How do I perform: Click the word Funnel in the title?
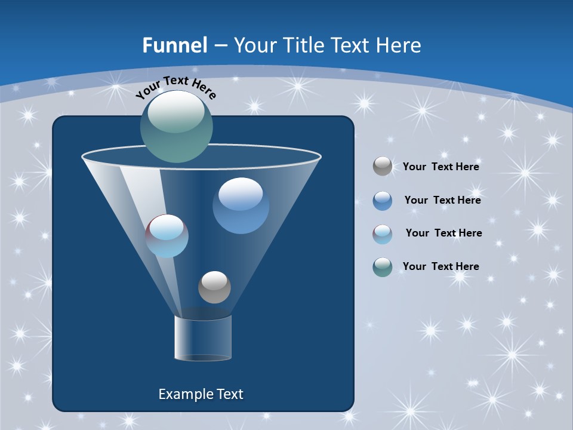[x=174, y=45]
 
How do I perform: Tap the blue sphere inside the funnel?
[x=241, y=205]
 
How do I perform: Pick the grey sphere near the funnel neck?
[x=214, y=287]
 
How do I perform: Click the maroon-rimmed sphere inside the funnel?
[x=167, y=236]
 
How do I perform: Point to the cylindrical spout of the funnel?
[x=203, y=339]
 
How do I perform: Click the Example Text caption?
[x=201, y=394]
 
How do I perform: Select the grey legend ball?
[x=383, y=166]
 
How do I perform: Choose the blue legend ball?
[x=383, y=200]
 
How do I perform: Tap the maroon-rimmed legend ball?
[x=383, y=234]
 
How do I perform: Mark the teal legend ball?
[x=383, y=267]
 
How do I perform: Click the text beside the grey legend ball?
[x=441, y=167]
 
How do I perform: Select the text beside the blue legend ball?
[x=442, y=201]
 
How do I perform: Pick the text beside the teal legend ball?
[x=441, y=266]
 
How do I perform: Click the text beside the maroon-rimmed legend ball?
[x=443, y=233]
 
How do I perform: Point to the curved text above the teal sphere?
[x=176, y=87]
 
